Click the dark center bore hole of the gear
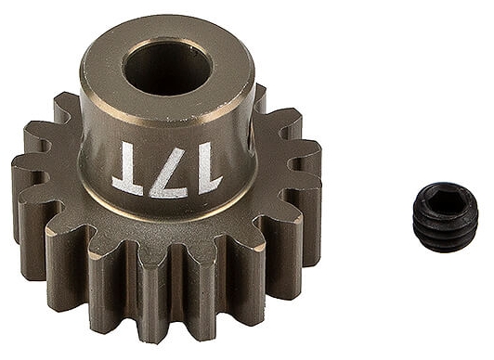[x=167, y=69]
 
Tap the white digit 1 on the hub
[x=208, y=168]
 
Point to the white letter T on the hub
[x=127, y=167]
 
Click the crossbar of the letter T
[x=127, y=187]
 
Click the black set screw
[x=446, y=218]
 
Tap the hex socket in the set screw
[x=445, y=198]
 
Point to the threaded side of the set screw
[x=446, y=231]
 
